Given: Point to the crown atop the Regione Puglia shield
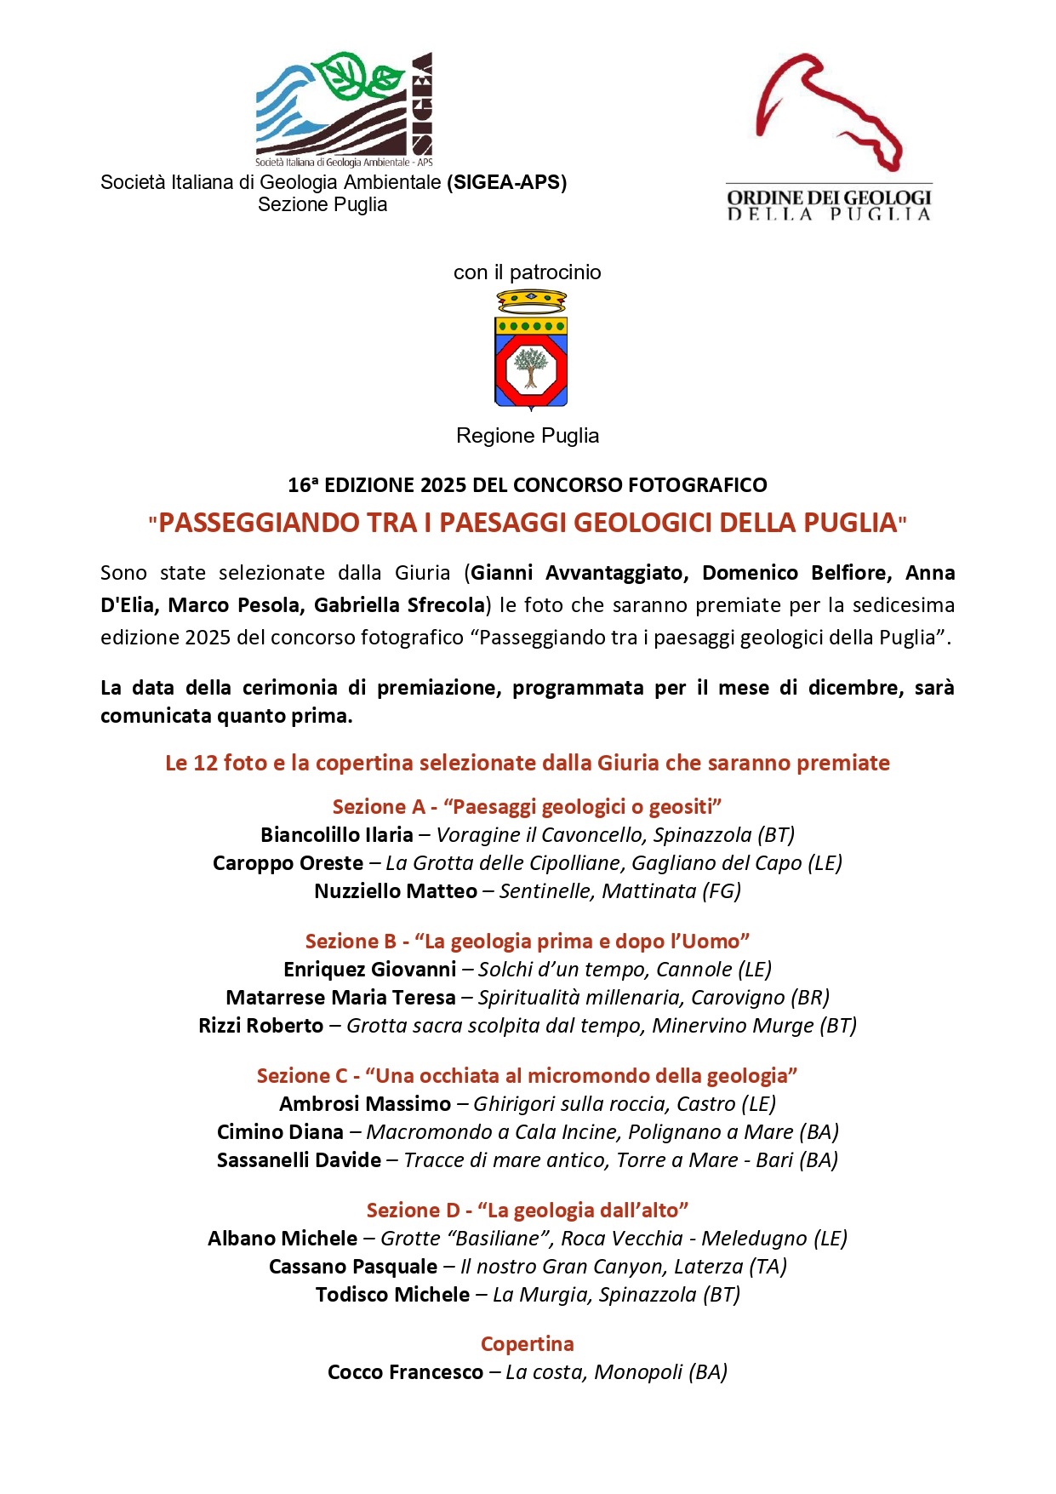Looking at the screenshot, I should coord(531,301).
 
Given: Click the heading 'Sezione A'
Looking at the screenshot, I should coord(380,806).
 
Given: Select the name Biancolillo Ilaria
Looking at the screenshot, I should coord(337,834).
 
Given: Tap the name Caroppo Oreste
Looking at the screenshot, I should coord(288,862).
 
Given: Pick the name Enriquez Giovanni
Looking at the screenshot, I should coord(370,969).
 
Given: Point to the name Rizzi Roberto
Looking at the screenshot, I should coord(260,1025).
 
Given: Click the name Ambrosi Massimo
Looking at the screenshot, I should coord(365,1103).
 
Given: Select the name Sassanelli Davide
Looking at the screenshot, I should coord(299,1159).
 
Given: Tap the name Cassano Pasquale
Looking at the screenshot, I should coord(353,1266).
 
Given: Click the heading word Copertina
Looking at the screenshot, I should coord(528,1343).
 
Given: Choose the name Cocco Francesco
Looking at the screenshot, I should coord(405,1371).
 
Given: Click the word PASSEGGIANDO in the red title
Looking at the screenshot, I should coord(259,522).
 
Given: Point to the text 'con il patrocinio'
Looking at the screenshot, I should coord(528,272).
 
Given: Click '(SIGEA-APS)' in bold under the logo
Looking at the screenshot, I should coord(506,181).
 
